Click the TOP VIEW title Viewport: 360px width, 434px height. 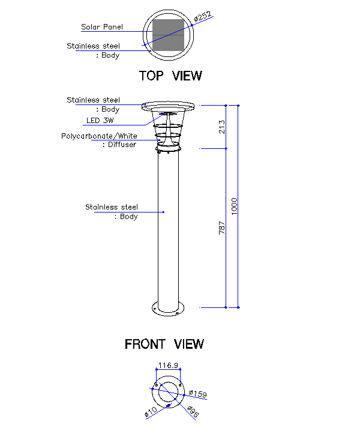coord(170,76)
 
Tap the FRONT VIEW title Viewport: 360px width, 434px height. coord(164,344)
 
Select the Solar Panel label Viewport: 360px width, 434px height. coord(102,27)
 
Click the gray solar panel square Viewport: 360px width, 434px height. coord(168,35)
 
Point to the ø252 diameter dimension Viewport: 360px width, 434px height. coord(203,17)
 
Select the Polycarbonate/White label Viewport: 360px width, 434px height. coord(99,136)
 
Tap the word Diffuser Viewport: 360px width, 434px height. coord(121,145)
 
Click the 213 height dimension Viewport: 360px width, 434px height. coord(222,127)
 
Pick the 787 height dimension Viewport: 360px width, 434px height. coord(222,228)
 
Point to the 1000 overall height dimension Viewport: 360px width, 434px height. coord(235,206)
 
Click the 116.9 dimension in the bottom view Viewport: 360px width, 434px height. coord(168,365)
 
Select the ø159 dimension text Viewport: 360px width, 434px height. coord(197,394)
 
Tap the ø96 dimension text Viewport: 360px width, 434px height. coord(192,412)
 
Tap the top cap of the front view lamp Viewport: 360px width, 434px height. coord(168,106)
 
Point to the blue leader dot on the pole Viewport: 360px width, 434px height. coord(164,212)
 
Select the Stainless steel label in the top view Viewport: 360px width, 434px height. coord(93,46)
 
